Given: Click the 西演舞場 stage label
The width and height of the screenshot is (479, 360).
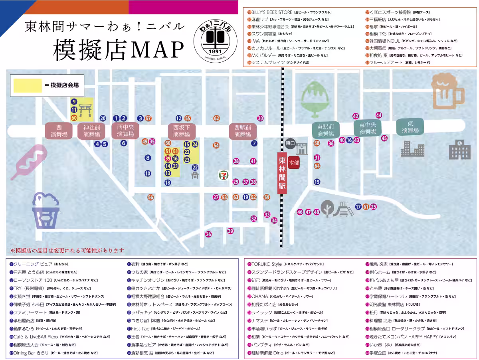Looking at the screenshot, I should point(59,131).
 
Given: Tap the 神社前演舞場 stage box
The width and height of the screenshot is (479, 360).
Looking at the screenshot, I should point(91,131).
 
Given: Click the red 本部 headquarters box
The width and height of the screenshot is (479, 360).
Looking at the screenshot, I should point(294,163).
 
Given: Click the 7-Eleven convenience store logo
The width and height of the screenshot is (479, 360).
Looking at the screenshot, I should point(224,174).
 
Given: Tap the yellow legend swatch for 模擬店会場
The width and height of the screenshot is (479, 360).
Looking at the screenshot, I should point(28,85).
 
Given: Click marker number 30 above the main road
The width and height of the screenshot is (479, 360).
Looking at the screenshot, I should point(260,118).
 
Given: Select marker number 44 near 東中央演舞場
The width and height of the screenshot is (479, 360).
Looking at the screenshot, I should point(379,115).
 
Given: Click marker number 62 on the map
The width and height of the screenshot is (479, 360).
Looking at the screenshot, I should point(216,118).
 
